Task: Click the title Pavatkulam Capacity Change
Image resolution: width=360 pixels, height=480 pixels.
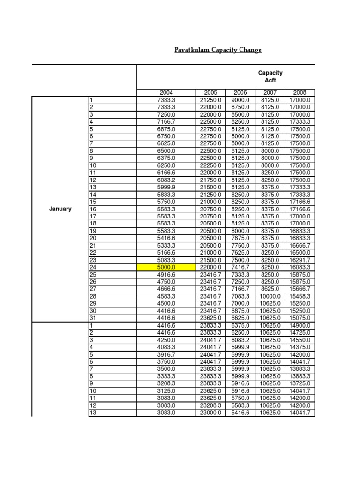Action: (x=218, y=50)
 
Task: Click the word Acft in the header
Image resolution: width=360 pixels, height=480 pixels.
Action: (x=270, y=81)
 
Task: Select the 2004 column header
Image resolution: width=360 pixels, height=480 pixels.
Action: (x=166, y=93)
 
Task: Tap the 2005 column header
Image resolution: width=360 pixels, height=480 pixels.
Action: (x=211, y=93)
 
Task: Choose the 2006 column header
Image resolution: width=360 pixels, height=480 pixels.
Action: (x=240, y=93)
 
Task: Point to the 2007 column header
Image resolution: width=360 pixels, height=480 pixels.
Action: (x=270, y=93)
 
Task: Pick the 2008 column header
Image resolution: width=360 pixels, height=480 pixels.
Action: (x=300, y=93)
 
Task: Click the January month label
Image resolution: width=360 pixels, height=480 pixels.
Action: (x=60, y=209)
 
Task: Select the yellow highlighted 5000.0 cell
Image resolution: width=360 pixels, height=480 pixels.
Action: (x=166, y=267)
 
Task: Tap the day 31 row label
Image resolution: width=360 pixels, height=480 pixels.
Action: (x=93, y=318)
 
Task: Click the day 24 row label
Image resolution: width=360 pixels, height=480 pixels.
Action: (x=93, y=267)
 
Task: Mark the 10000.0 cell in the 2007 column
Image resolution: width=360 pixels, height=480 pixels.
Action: (x=270, y=296)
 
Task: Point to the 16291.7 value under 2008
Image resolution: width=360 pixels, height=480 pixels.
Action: (x=300, y=260)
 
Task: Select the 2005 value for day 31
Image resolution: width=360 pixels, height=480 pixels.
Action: (x=211, y=318)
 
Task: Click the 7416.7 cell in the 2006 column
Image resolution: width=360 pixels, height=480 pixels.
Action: (x=240, y=267)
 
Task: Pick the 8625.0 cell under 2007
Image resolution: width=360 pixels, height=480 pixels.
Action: (x=270, y=289)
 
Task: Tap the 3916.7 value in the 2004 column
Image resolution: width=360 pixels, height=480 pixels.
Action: (x=166, y=354)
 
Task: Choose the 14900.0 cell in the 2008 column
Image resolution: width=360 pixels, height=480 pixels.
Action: (x=300, y=325)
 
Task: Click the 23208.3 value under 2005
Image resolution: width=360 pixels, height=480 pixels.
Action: (x=211, y=405)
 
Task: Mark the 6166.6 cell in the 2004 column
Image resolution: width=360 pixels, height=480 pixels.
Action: (x=166, y=172)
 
